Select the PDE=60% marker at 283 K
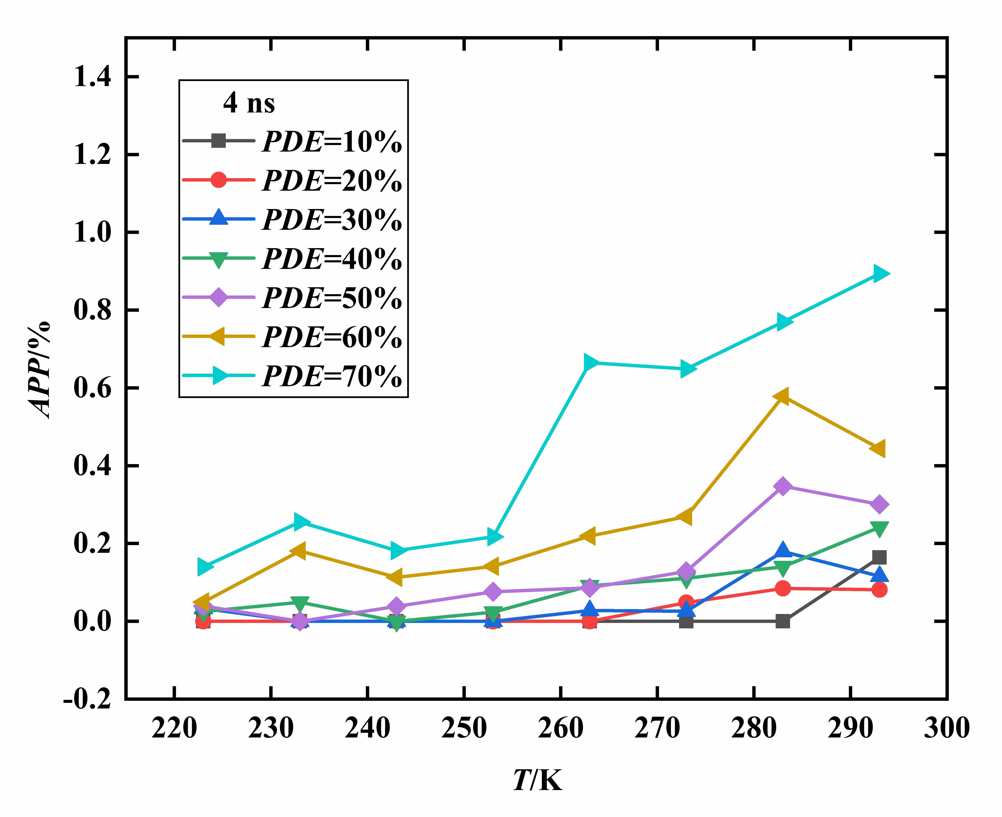pyautogui.click(x=782, y=396)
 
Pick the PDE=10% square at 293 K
pyautogui.click(x=879, y=558)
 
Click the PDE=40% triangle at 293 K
pyautogui.click(x=879, y=528)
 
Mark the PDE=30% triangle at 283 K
pyautogui.click(x=783, y=550)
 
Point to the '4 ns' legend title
pyautogui.click(x=249, y=103)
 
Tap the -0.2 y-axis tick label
pyautogui.click(x=88, y=699)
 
